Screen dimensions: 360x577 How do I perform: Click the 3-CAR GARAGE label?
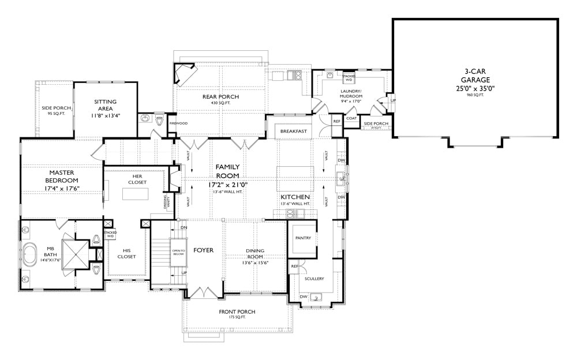click(476, 76)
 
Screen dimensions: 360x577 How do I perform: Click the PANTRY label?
click(302, 237)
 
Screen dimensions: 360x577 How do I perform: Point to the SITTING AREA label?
click(105, 105)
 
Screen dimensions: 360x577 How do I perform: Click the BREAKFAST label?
click(293, 132)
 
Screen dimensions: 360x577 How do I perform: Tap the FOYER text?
click(203, 250)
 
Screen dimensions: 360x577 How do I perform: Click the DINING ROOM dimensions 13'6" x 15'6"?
click(255, 262)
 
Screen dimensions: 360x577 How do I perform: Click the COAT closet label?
click(351, 119)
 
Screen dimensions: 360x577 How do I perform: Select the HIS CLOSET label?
click(126, 253)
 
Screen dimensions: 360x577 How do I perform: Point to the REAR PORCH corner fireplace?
click(186, 75)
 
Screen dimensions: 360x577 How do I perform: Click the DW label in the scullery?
click(304, 297)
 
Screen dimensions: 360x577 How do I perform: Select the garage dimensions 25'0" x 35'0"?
click(476, 89)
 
